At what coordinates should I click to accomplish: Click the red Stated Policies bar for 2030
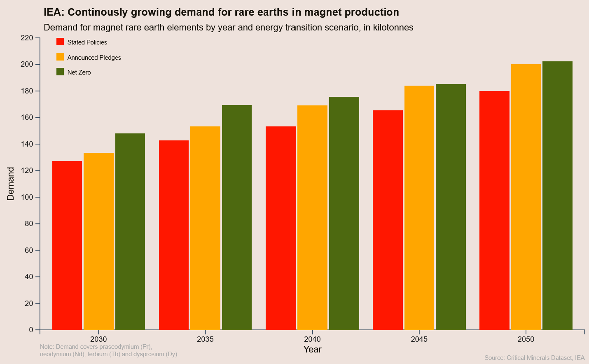pos(67,245)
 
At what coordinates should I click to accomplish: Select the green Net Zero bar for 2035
pos(237,217)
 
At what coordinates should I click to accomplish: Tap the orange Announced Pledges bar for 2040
pos(312,217)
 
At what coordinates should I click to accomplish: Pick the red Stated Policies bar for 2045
pos(388,220)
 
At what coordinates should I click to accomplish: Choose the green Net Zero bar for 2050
pos(557,196)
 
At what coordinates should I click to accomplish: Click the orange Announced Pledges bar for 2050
pos(526,197)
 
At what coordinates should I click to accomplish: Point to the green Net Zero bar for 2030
pos(130,231)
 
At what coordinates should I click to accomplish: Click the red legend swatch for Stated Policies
pos(60,42)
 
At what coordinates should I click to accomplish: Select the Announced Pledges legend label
pos(94,58)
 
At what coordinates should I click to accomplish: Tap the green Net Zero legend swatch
pos(60,72)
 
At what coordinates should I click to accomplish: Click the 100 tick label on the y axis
pos(27,197)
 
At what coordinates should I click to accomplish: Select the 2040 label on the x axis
pos(312,339)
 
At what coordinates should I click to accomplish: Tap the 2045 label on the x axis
pos(419,339)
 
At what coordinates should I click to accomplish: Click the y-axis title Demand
pos(11,184)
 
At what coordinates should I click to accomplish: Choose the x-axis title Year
pos(312,350)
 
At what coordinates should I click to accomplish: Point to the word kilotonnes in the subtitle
pos(393,28)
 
